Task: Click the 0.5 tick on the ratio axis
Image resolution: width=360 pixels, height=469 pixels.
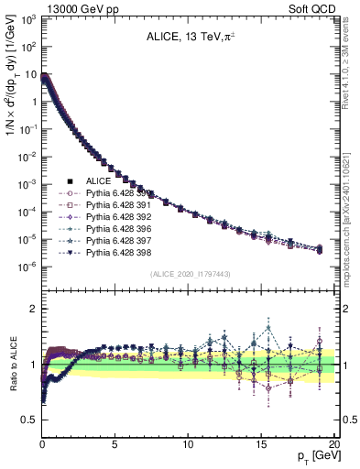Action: click(29, 420)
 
